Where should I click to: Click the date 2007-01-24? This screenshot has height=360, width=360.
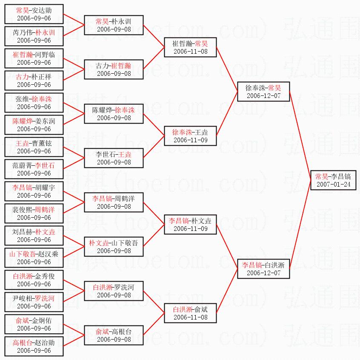333,184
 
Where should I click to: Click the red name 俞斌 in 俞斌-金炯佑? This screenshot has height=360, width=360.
22,320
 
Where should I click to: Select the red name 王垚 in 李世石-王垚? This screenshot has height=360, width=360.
125,154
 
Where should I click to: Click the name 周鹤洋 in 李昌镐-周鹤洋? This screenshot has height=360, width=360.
124,199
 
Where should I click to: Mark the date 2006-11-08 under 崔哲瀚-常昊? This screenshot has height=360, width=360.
191,52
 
